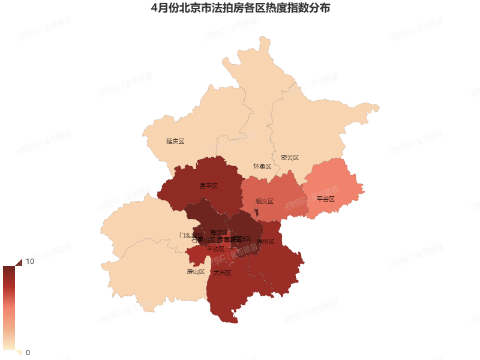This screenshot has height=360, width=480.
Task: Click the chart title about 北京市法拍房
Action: [240, 9]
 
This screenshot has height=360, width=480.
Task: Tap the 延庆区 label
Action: [175, 142]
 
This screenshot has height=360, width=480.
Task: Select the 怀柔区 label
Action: [262, 166]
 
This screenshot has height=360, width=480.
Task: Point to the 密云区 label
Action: [289, 158]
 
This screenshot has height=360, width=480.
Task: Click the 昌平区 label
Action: [208, 186]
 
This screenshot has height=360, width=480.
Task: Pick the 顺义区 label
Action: [264, 202]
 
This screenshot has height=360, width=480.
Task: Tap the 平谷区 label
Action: [325, 199]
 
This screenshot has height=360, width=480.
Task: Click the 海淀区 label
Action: [219, 232]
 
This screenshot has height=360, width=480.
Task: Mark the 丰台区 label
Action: [215, 248]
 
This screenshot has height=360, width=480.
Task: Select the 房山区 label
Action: [196, 271]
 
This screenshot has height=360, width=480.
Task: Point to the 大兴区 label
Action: [222, 272]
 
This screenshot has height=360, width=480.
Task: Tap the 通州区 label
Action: [265, 242]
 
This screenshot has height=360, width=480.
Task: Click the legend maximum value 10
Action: [29, 262]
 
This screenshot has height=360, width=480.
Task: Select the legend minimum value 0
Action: [28, 352]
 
